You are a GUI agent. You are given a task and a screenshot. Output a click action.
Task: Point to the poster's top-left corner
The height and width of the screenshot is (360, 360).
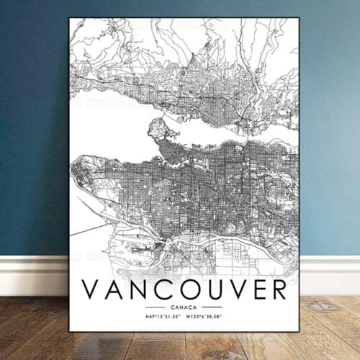coord(70,19)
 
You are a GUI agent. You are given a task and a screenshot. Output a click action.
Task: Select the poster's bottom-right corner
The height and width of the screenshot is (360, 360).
coord(298,330)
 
